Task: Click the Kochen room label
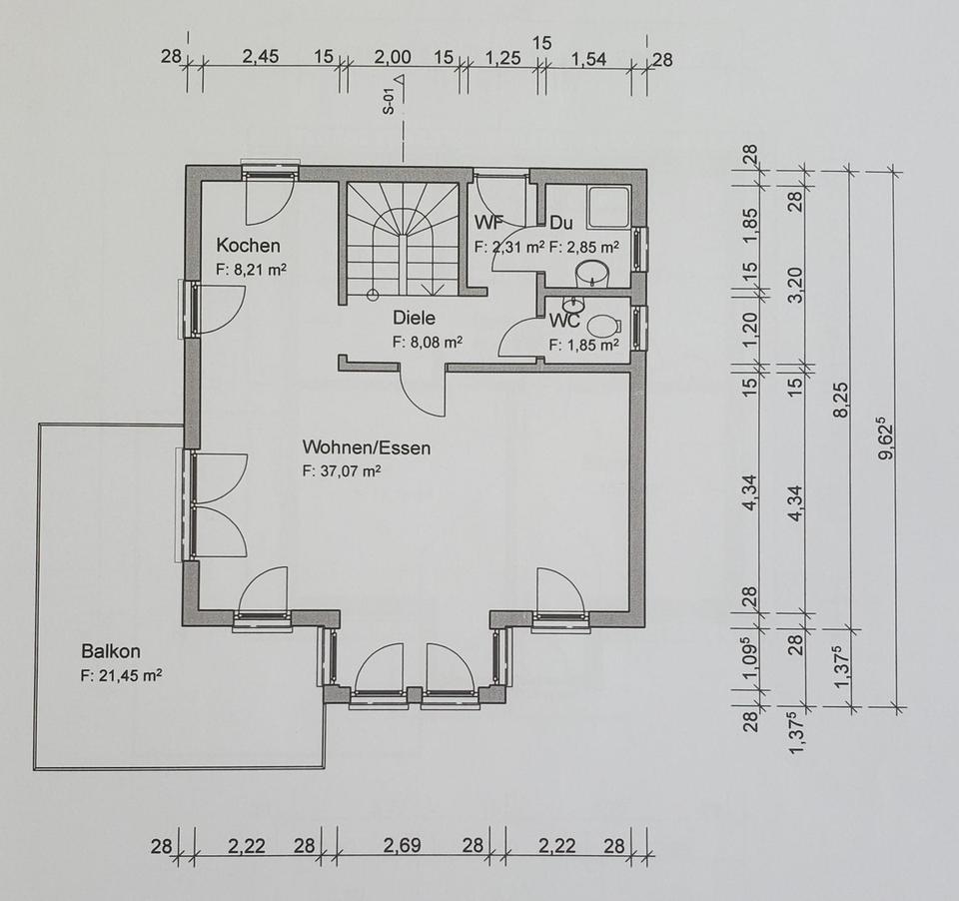tap(249, 246)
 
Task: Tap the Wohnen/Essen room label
tap(367, 448)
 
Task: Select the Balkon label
tap(111, 651)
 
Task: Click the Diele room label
tap(413, 321)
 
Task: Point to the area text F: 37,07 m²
tap(344, 469)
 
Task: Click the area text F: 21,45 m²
tap(122, 675)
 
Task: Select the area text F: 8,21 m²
tap(252, 269)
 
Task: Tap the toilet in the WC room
tap(603, 326)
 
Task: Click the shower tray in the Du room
tap(608, 207)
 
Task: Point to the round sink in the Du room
tap(594, 271)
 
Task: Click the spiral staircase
tap(404, 239)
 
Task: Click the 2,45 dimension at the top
tap(261, 57)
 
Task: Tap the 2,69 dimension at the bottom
tap(407, 847)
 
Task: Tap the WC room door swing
tap(520, 335)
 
